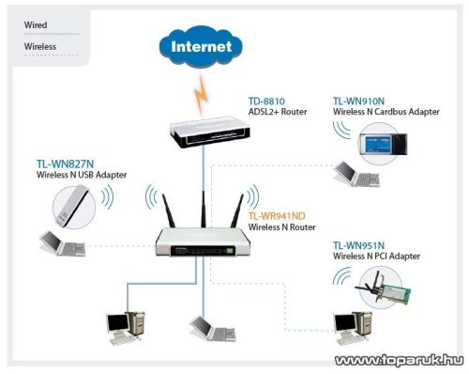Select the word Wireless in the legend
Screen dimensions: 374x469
pyautogui.click(x=40, y=45)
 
